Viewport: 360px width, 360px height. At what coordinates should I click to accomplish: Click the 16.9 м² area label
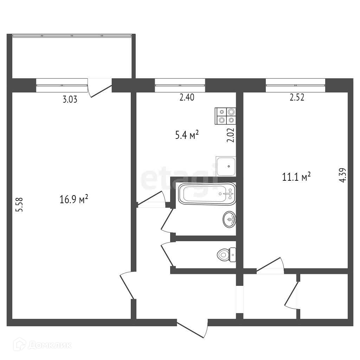[74, 199]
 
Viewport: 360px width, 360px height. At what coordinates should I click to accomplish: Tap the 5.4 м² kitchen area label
[187, 135]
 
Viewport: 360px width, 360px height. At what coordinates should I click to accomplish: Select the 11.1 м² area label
[296, 177]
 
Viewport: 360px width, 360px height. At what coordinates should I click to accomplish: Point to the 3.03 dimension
[70, 99]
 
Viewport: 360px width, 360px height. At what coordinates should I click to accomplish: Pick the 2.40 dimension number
[187, 97]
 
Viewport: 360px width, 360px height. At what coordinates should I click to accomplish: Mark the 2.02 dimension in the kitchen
[231, 135]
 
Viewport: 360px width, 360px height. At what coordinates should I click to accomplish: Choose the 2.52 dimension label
[297, 97]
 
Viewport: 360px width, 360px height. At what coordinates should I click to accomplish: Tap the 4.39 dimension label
[342, 175]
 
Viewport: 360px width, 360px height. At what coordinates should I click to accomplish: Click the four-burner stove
[225, 116]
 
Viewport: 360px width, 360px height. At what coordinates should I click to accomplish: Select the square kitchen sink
[226, 166]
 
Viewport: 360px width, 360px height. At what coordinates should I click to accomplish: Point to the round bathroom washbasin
[229, 219]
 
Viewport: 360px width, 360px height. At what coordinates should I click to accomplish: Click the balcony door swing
[100, 88]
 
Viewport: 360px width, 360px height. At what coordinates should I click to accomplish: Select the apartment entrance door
[192, 329]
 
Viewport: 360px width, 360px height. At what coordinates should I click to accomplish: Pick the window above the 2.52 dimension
[295, 85]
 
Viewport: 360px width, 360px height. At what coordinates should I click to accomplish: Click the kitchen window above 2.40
[180, 85]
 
